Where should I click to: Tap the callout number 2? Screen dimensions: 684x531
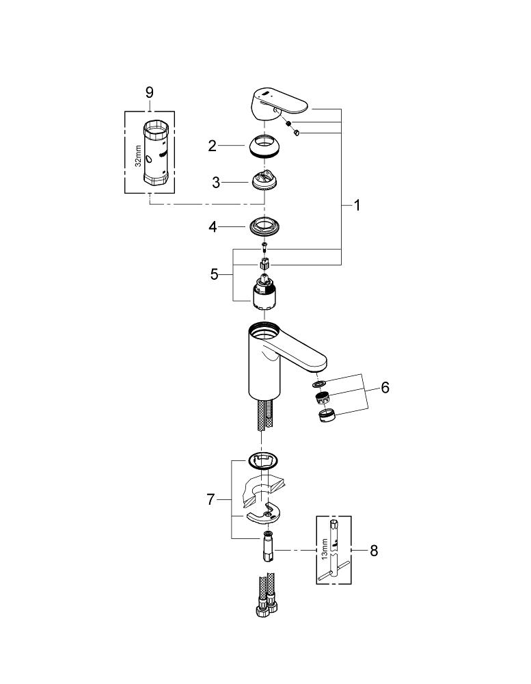pyautogui.click(x=213, y=145)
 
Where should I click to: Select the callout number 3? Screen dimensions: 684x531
pyautogui.click(x=216, y=183)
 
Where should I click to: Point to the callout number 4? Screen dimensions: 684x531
pyautogui.click(x=213, y=226)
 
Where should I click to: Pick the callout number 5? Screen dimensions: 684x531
pyautogui.click(x=214, y=274)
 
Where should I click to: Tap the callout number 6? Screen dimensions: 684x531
pyautogui.click(x=385, y=388)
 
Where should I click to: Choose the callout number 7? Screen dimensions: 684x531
pyautogui.click(x=210, y=500)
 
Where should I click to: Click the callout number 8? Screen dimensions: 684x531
pyautogui.click(x=373, y=550)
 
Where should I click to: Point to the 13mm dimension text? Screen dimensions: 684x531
pyautogui.click(x=325, y=549)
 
